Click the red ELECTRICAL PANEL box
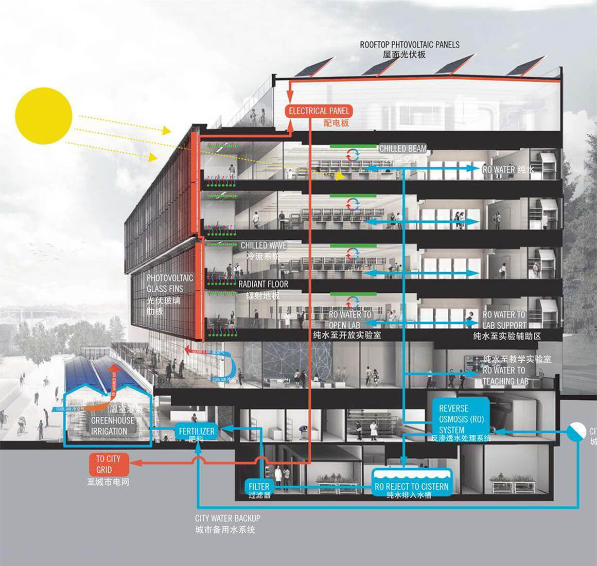(x=319, y=111)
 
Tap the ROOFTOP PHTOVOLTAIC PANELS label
(x=410, y=45)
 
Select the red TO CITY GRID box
(x=108, y=464)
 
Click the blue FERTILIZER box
(x=196, y=431)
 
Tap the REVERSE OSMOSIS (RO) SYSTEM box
(x=461, y=419)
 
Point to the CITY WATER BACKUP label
(x=227, y=518)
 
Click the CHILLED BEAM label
(x=402, y=149)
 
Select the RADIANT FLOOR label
(x=263, y=284)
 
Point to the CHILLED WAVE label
(x=264, y=245)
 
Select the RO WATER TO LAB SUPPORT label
(x=504, y=320)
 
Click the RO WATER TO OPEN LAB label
(x=350, y=320)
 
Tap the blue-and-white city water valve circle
(x=576, y=431)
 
